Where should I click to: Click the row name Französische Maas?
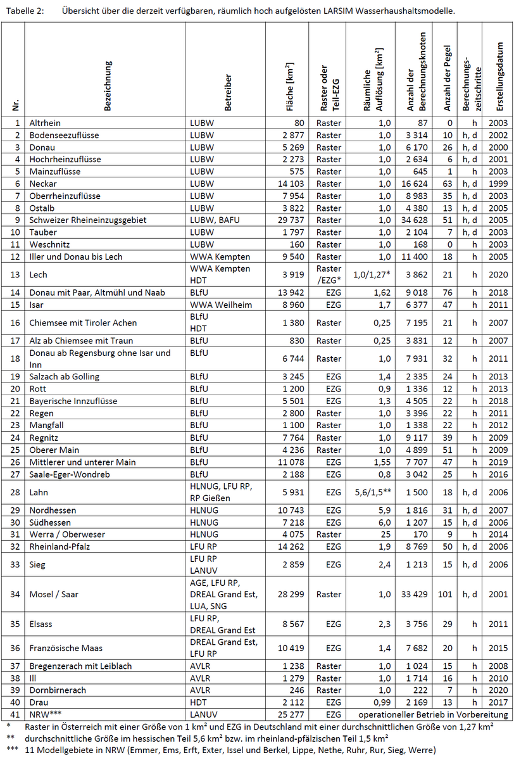[x=66, y=648]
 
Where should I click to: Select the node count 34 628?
[x=416, y=220]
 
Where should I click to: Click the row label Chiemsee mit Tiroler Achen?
[x=83, y=322]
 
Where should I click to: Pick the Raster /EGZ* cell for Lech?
[x=329, y=275]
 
